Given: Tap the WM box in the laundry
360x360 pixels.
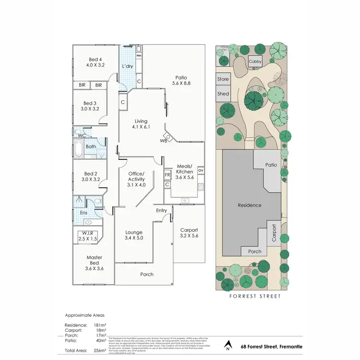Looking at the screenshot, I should pyautogui.click(x=139, y=56).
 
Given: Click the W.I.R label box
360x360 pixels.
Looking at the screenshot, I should pyautogui.click(x=87, y=236).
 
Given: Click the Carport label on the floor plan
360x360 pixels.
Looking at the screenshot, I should pyautogui.click(x=188, y=233).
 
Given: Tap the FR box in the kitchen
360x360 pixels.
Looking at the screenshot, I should pyautogui.click(x=168, y=175).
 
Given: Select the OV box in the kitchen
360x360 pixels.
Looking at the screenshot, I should pyautogui.click(x=201, y=170).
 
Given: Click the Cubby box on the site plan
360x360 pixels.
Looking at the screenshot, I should pyautogui.click(x=255, y=62).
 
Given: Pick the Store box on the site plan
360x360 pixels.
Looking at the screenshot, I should pyautogui.click(x=223, y=79).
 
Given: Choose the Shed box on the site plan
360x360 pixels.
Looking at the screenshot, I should pyautogui.click(x=223, y=94).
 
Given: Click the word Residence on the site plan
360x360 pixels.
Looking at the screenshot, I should pyautogui.click(x=250, y=205).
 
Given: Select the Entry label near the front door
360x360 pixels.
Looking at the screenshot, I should pyautogui.click(x=162, y=210).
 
